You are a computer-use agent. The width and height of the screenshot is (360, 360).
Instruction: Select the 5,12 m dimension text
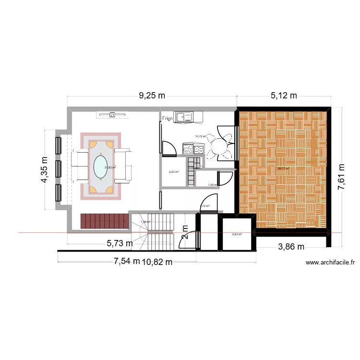tap(284, 96)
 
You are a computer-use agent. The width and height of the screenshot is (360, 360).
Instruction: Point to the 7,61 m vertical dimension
tap(342, 177)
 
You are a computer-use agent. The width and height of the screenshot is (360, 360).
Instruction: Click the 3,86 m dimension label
tap(292, 247)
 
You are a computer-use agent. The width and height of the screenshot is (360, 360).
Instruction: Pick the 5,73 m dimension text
tap(120, 244)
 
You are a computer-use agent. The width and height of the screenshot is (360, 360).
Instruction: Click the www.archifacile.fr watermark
tap(330, 263)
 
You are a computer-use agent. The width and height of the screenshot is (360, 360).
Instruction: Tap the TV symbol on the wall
tap(112, 115)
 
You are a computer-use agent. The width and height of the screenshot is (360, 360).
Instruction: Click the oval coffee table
tap(100, 166)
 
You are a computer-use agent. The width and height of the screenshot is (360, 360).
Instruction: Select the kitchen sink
tap(183, 116)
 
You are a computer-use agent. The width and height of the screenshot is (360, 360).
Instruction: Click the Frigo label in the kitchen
tap(168, 118)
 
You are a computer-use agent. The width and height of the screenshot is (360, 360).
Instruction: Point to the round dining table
tap(220, 146)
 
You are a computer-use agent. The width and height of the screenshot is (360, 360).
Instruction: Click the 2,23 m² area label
tap(173, 172)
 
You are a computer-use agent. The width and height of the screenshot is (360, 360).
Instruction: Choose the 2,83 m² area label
tap(237, 234)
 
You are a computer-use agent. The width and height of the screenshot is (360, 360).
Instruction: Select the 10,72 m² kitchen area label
tap(200, 136)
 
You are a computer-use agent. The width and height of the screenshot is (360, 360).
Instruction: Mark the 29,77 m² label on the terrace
tap(283, 168)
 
